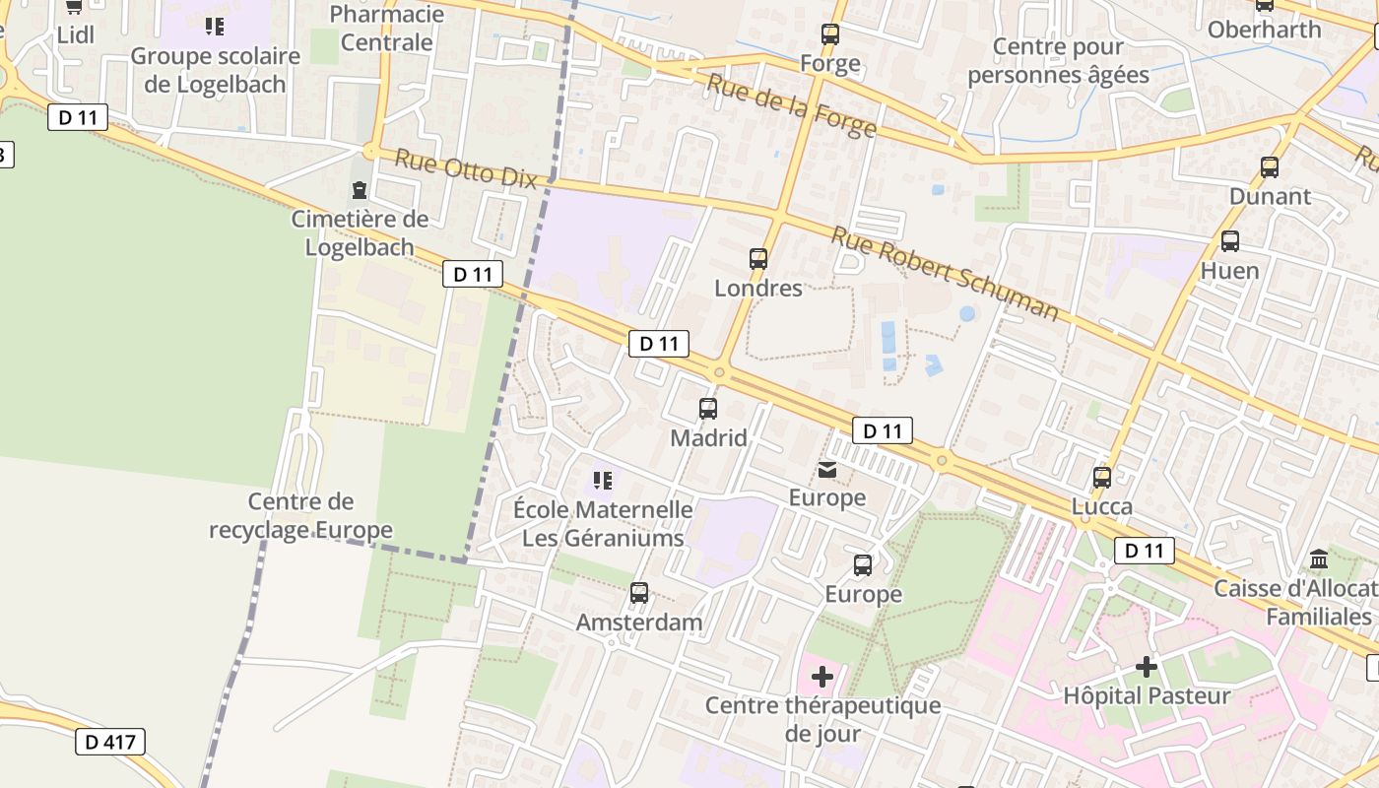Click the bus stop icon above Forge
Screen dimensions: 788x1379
830,34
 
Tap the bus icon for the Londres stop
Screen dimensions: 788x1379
757,259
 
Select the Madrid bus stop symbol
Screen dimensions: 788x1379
707,408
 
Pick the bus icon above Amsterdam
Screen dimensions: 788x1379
639,593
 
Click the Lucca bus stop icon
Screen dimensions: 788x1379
1102,478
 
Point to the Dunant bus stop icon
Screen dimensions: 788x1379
1270,167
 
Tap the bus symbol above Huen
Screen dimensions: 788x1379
1229,241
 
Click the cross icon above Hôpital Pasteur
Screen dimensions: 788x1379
1147,667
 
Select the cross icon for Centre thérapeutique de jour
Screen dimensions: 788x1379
822,677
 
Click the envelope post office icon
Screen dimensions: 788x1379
827,470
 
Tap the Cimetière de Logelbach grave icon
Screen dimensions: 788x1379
360,189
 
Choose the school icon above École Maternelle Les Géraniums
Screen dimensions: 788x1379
603,481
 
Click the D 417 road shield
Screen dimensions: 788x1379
110,742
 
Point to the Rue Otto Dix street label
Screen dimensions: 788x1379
466,167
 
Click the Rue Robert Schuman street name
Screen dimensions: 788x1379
945,274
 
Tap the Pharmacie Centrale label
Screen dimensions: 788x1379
386,29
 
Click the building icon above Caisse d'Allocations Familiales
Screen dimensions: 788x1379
1318,560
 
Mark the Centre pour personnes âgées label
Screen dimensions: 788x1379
1058,61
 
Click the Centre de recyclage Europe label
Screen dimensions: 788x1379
300,516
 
